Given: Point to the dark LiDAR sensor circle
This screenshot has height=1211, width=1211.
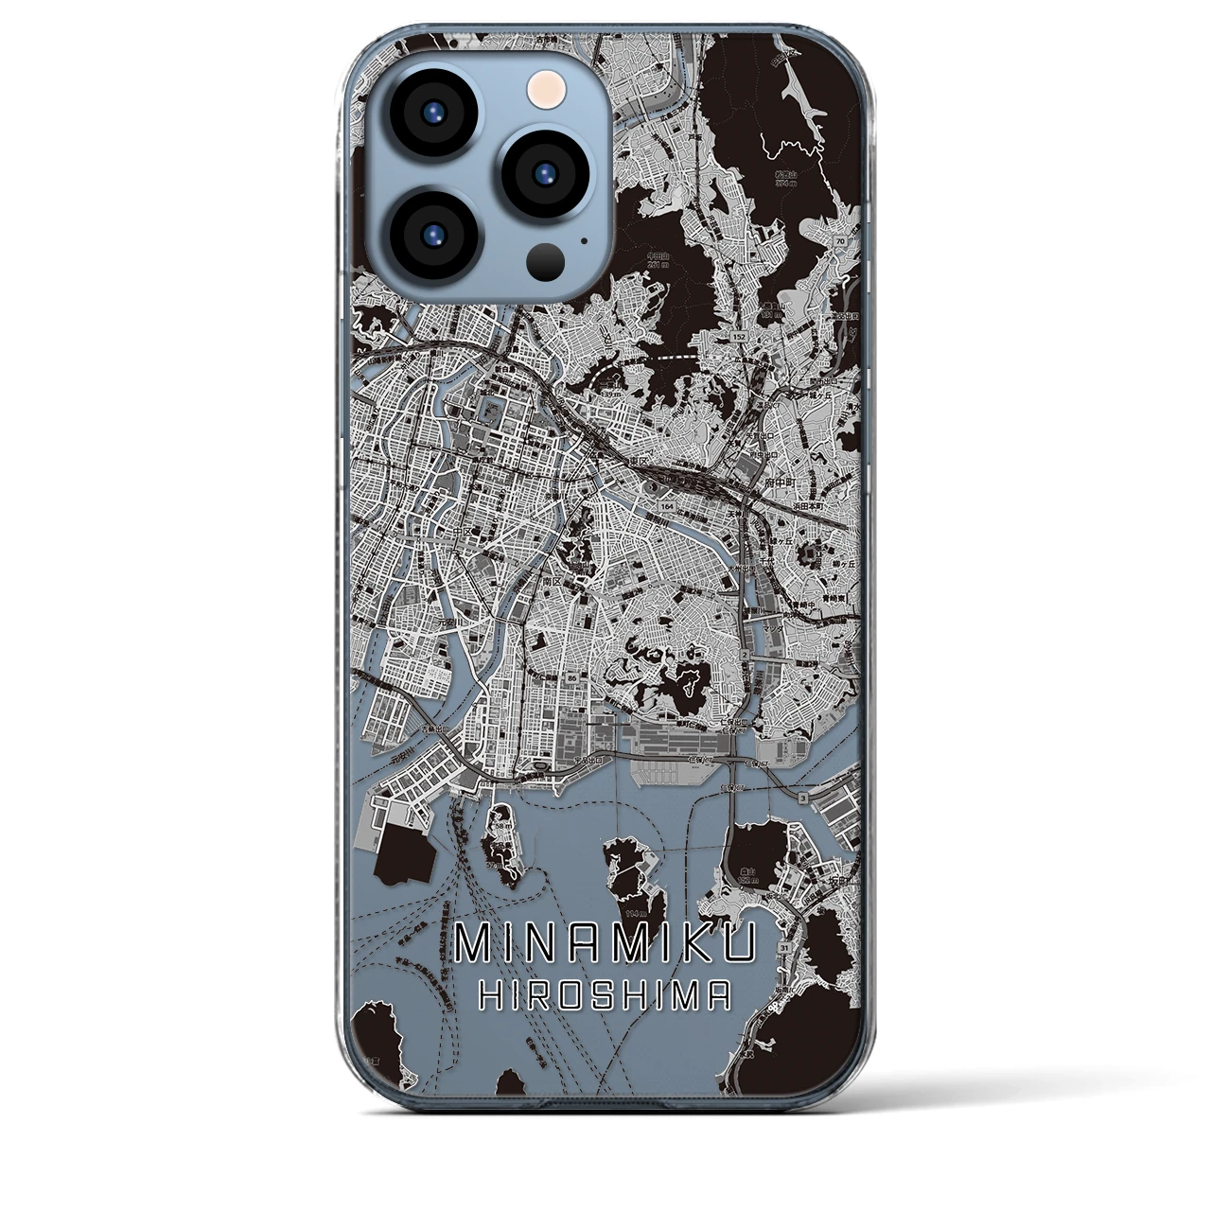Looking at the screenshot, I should [x=547, y=259].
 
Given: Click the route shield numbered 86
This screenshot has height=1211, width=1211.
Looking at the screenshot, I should [x=572, y=678].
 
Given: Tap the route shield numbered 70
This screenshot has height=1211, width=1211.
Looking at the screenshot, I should [x=840, y=242].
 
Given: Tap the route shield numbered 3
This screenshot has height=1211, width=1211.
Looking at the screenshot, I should [x=803, y=800].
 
